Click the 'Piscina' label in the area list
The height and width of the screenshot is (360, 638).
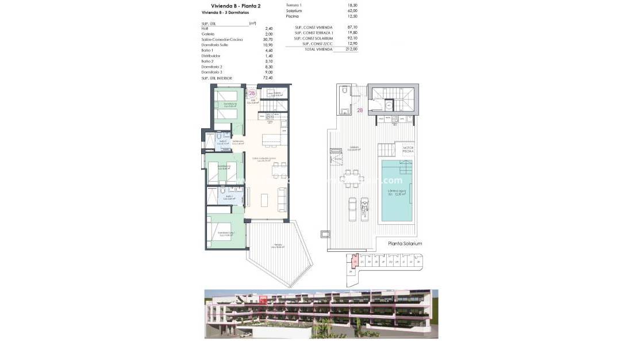(x=293, y=16)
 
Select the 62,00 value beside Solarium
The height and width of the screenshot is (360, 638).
(x=352, y=10)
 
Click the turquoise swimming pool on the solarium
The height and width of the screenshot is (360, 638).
(x=396, y=193)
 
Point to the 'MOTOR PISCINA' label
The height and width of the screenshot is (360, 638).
(x=408, y=150)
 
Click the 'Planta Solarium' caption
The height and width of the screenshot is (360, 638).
(x=404, y=243)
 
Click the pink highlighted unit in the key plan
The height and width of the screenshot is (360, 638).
(x=355, y=262)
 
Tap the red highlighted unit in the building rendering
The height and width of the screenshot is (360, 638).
(x=263, y=300)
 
